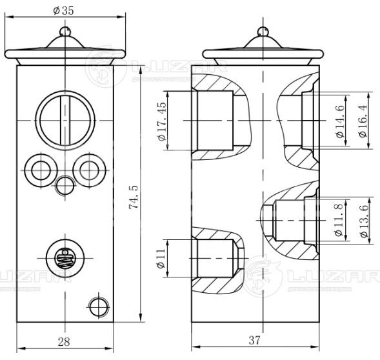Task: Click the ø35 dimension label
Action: (x=63, y=11)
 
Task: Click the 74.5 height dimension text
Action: (x=134, y=197)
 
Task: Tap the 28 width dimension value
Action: (x=64, y=341)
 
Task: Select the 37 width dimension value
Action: (x=254, y=340)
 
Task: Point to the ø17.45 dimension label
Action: (x=162, y=121)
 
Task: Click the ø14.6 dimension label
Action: (x=340, y=121)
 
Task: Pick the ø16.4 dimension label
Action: (x=363, y=121)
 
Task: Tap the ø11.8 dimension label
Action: (x=339, y=220)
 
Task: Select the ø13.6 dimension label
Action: (x=364, y=221)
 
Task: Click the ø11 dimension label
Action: (x=161, y=259)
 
